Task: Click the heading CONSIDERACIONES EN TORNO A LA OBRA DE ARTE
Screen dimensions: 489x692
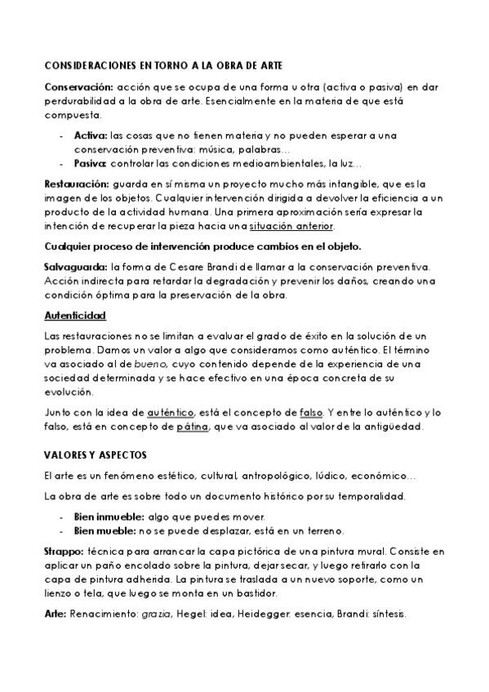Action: point(164,64)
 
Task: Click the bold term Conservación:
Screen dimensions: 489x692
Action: point(78,86)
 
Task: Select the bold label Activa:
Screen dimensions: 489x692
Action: point(90,135)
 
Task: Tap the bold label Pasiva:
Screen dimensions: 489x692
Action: point(91,162)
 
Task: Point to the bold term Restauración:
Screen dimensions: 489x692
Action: point(76,184)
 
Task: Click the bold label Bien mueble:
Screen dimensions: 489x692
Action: point(104,530)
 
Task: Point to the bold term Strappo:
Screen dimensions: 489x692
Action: point(62,552)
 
